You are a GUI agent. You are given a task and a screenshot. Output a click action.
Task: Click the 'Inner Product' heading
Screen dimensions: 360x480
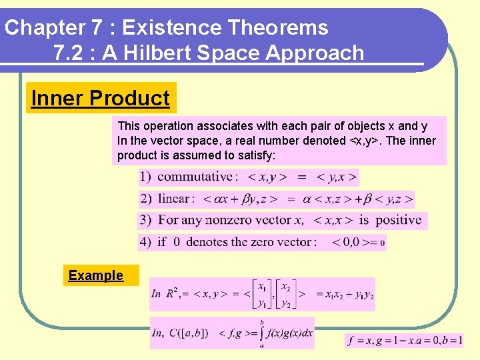[101, 98]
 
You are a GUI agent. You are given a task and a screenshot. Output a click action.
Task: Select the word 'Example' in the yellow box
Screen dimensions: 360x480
[96, 275]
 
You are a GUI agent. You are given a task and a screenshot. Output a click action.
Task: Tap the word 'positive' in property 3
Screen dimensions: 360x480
[398, 220]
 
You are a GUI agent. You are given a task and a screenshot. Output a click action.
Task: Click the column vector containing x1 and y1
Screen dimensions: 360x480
[261, 294]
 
